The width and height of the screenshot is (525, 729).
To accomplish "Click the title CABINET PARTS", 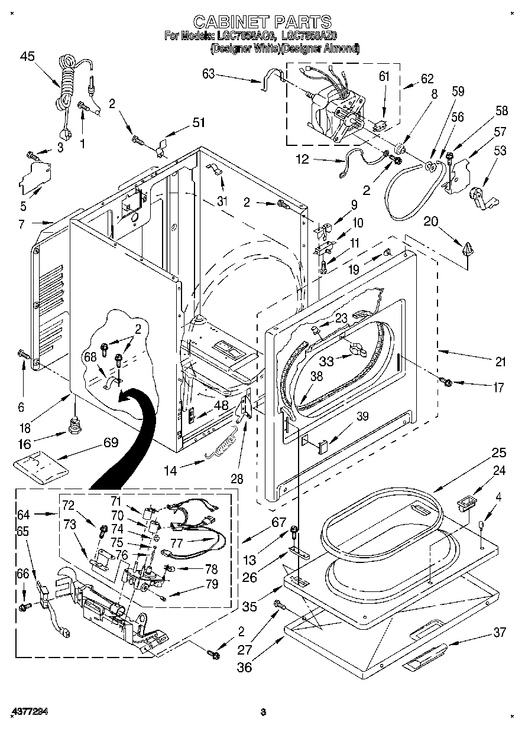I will pos(262,22).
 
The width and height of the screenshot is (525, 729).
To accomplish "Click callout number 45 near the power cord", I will pos(27,56).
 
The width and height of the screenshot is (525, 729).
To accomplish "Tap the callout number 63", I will pos(208,74).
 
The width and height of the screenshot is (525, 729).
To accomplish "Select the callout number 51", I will pos(199,123).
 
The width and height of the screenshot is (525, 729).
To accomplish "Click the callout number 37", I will pos(500,633).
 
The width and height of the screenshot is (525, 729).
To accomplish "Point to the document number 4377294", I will pos(28,711).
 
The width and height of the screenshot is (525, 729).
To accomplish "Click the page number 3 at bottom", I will pos(264,711).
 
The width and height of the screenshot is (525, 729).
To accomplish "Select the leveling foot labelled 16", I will pos(74,425).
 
